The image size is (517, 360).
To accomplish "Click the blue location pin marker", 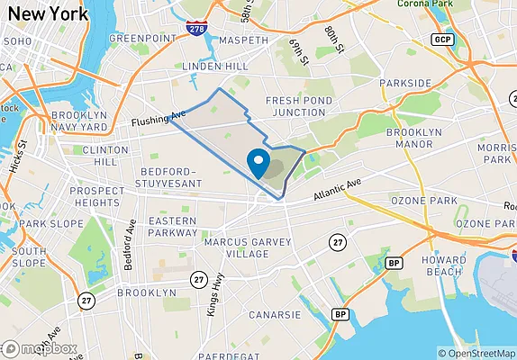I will pos(259,164).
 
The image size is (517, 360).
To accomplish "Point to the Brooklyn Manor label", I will pos(414,138).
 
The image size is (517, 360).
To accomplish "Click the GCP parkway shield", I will pos(441,40).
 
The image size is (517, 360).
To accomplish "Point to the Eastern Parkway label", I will pos(173,228).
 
